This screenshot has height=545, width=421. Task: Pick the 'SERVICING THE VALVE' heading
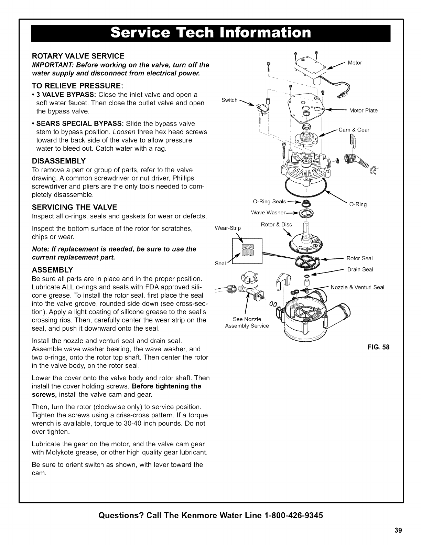click(x=75, y=207)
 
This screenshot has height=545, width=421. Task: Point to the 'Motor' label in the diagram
click(x=355, y=63)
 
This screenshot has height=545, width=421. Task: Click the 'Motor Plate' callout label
click(x=363, y=110)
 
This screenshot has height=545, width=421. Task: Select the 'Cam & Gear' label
click(x=354, y=130)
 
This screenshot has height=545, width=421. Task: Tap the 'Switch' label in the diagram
click(x=229, y=100)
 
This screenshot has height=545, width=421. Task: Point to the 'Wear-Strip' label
click(x=228, y=228)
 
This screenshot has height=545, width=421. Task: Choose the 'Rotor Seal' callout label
click(x=359, y=258)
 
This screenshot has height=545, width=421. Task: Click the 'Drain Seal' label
click(x=360, y=269)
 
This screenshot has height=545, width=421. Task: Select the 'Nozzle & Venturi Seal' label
click(x=357, y=287)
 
